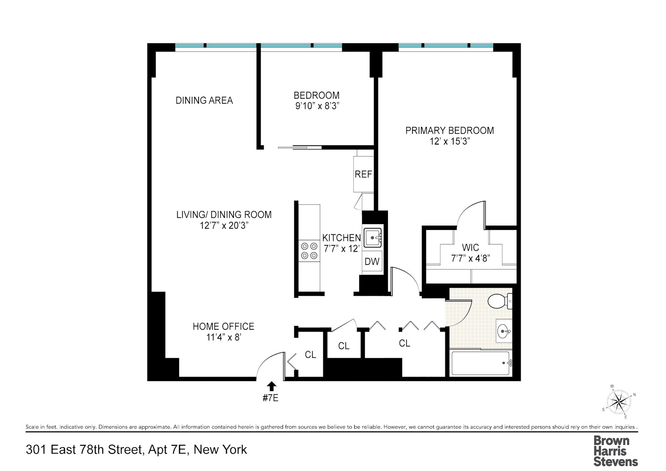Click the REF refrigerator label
363,174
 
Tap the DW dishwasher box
372,261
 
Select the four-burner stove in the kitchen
309,251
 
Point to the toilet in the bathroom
500,301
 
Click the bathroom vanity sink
504,331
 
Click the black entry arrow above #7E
271,386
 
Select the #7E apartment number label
271,398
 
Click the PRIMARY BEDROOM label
450,131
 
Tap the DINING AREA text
204,100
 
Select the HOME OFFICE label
224,326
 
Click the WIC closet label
471,247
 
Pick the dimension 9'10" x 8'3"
317,106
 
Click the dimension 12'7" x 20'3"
224,226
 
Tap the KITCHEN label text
342,238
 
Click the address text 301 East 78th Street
85,450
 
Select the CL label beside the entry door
311,355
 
